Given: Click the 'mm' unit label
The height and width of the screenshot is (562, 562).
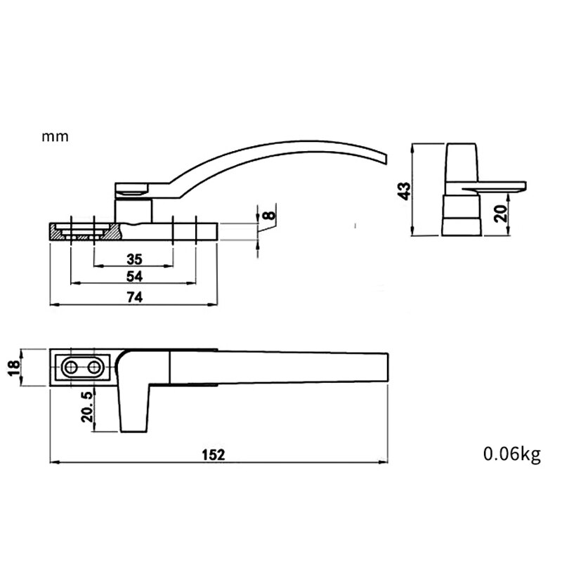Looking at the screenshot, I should point(55,137).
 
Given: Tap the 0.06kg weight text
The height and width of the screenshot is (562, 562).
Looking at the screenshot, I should point(512,455).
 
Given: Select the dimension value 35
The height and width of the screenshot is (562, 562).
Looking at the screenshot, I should point(134,258).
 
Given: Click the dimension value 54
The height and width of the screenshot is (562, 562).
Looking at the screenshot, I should point(134,275).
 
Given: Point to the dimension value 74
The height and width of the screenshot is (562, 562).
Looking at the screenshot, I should point(134,297).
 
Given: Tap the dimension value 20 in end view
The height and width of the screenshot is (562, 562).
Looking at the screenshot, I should point(500,211).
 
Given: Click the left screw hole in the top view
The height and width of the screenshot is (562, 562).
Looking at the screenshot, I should point(71,367).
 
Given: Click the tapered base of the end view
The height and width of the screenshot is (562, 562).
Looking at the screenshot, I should point(461,218).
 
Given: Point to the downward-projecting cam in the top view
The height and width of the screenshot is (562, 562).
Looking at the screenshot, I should point(135,407).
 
